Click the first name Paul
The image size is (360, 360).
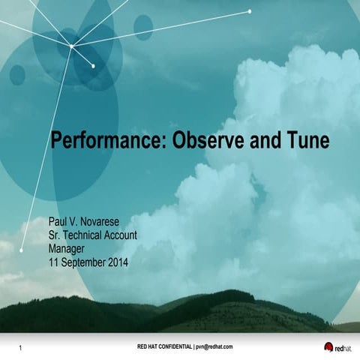click(x=60, y=223)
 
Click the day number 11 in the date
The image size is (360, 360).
click(x=53, y=262)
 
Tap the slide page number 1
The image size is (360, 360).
click(x=20, y=348)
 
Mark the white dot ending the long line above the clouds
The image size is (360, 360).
click(x=250, y=11)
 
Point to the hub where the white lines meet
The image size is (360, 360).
click(x=71, y=46)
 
